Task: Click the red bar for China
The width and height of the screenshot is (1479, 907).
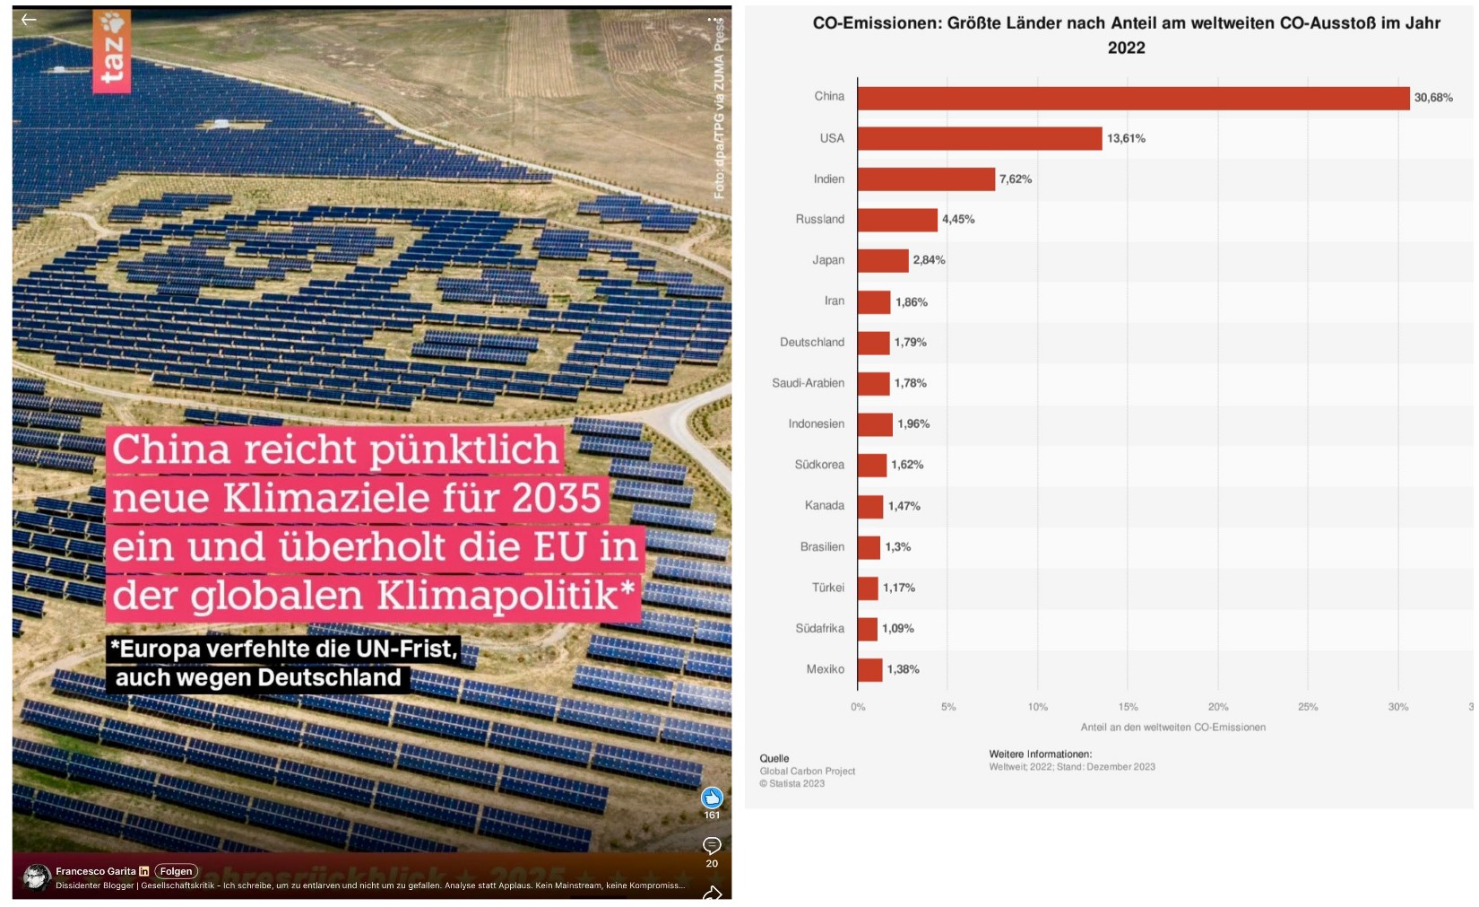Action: [x=1133, y=98]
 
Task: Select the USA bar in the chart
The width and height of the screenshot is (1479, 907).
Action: [x=980, y=138]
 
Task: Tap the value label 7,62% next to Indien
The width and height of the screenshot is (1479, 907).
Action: [x=1016, y=179]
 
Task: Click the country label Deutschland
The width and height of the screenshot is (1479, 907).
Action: [x=811, y=342]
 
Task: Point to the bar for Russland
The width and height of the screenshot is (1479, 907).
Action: [x=897, y=220]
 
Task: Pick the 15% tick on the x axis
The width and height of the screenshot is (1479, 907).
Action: [x=1128, y=707]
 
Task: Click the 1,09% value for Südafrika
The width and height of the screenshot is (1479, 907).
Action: [x=898, y=629]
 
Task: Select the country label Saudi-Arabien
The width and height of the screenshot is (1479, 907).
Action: [x=808, y=383]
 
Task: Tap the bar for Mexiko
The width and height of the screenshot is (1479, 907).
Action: [x=869, y=670]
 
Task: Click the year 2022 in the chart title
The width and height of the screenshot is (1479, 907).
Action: [x=1126, y=48]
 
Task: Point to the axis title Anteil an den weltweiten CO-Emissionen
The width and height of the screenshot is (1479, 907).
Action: [x=1172, y=728]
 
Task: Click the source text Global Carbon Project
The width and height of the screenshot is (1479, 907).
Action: [x=807, y=772]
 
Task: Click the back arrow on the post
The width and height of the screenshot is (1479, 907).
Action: [x=29, y=20]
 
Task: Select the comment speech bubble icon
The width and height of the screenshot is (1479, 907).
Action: [x=712, y=845]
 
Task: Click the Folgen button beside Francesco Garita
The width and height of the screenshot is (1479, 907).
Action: [x=176, y=871]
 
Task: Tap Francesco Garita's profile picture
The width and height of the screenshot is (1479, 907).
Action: [x=37, y=876]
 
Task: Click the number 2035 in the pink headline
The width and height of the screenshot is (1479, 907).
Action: [x=556, y=498]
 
